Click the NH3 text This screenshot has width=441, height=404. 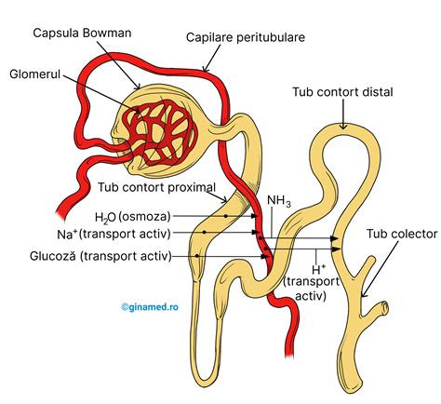[x=279, y=200]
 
